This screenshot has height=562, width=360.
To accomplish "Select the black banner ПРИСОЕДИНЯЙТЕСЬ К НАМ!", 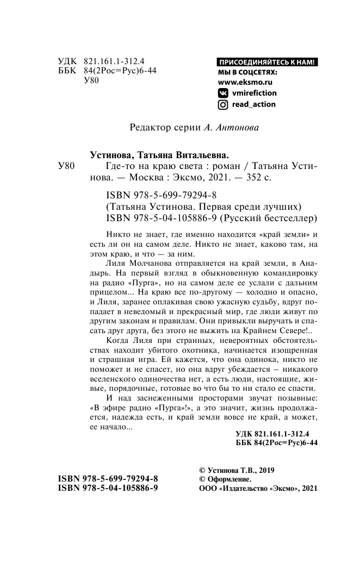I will tap(266, 61).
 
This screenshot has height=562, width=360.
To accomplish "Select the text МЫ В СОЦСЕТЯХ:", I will tap(247, 72).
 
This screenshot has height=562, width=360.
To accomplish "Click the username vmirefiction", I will tap(254, 93).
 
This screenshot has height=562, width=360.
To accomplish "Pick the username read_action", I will tap(254, 104).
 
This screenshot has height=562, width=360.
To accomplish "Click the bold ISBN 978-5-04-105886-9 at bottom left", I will tap(108, 489).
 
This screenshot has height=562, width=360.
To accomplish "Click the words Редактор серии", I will tap(162, 128).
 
